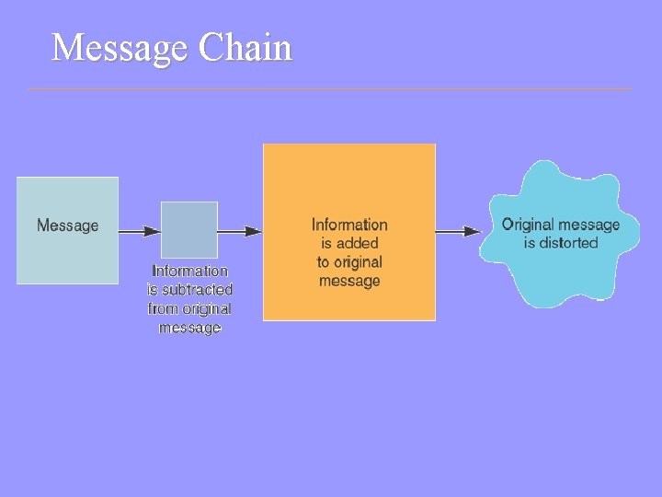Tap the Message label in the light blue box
click(67, 225)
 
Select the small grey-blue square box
click(189, 229)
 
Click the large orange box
click(348, 184)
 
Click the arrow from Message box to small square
click(140, 231)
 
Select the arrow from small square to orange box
click(240, 231)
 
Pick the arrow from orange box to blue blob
click(458, 231)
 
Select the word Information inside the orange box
click(349, 225)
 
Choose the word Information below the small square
click(190, 271)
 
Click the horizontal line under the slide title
click(331, 89)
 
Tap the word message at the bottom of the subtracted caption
click(190, 328)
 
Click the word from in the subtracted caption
click(164, 309)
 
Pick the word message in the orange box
click(349, 281)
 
